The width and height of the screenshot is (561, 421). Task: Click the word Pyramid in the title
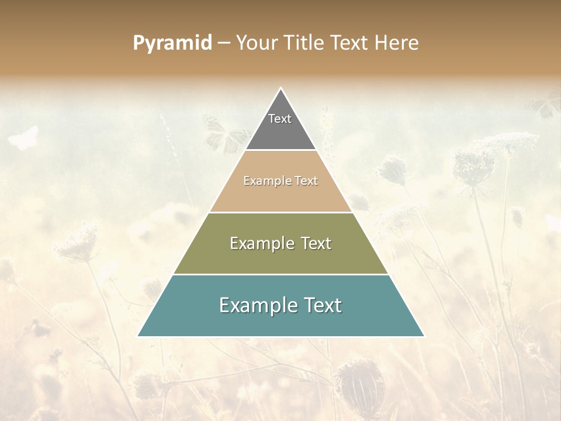coord(172,43)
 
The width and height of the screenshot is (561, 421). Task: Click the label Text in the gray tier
coord(280,119)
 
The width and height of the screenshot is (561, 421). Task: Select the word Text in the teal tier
coord(320,305)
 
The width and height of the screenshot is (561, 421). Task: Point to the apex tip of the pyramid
coord(281,89)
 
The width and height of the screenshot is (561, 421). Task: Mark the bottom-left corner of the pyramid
coord(138,336)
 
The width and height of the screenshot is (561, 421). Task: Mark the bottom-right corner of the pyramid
coord(424,336)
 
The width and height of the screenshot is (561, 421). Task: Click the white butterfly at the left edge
coord(24,138)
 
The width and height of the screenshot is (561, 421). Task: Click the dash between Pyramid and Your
coord(224,43)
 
